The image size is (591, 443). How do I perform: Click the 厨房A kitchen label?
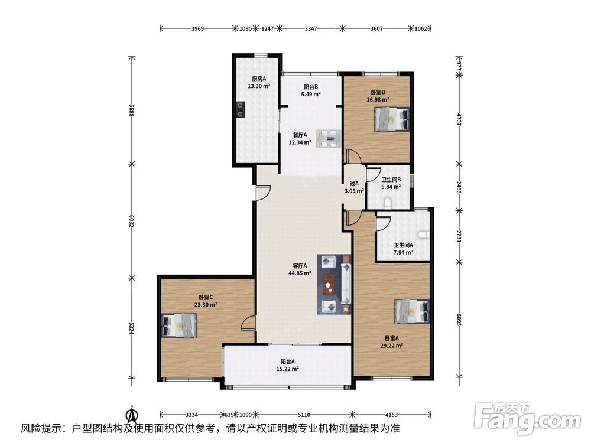259,79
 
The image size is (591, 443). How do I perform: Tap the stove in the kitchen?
240,109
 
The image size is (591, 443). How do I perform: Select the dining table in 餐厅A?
328,139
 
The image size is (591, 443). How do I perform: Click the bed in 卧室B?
392,119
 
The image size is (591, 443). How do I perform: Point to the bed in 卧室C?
179,325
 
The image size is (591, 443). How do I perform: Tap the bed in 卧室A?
412,311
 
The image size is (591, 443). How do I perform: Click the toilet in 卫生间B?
388,204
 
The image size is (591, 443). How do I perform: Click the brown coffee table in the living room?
329,284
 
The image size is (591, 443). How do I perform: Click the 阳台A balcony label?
288,361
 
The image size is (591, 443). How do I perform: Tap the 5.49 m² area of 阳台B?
311,94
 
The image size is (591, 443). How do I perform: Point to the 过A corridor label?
354,184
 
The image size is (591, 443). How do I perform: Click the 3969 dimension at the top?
197,28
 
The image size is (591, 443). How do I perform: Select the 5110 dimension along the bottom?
304,415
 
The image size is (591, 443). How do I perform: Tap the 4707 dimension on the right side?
459,119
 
